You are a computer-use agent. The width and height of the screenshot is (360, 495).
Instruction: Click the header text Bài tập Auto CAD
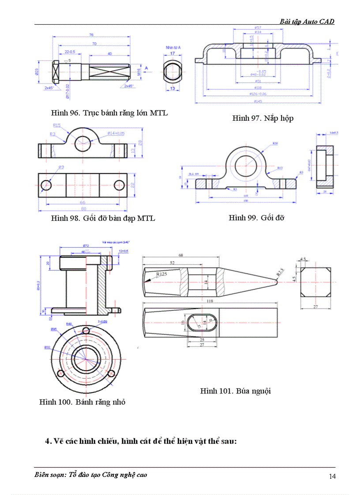307,21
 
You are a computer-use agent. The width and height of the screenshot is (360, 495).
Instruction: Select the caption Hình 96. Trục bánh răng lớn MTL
109,113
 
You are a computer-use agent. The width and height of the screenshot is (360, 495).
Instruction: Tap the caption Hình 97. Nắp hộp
262,118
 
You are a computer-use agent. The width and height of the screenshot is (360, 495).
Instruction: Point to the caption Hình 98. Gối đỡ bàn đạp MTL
103,218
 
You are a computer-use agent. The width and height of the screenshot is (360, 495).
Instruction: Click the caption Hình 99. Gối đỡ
256,218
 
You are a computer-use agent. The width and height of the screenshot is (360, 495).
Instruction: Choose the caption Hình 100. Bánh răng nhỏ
82,402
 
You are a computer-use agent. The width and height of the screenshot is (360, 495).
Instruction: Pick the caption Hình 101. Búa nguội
235,391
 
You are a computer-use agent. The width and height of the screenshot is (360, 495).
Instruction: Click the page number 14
332,476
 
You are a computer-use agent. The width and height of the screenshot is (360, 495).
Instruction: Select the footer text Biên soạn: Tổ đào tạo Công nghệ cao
90,475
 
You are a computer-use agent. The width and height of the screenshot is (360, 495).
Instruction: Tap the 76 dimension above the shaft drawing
91,35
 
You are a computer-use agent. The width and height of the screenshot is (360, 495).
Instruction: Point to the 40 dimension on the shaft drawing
109,53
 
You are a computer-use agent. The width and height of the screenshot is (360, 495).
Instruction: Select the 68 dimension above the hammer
181,255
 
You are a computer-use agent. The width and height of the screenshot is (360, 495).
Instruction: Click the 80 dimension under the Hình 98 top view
83,208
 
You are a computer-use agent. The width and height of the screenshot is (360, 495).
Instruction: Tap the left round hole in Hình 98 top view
46,186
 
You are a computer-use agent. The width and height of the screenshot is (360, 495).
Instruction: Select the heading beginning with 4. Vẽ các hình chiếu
141,442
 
